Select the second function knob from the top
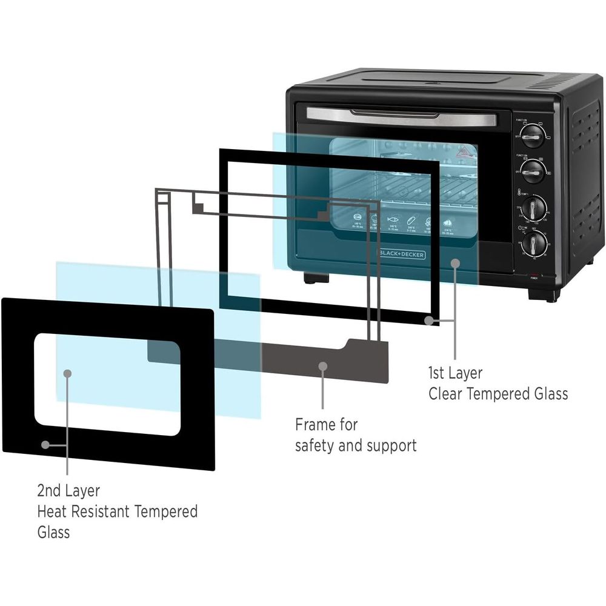[x=533, y=171]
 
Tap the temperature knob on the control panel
[x=533, y=208]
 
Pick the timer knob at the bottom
[x=534, y=244]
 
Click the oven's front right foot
[x=544, y=295]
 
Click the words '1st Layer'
[x=455, y=373]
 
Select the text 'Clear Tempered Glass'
[x=498, y=394]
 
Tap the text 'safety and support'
[x=356, y=445]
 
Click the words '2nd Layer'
[x=68, y=490]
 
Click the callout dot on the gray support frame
[x=323, y=367]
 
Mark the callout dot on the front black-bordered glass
[x=45, y=444]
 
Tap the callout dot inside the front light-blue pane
[x=68, y=373]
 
